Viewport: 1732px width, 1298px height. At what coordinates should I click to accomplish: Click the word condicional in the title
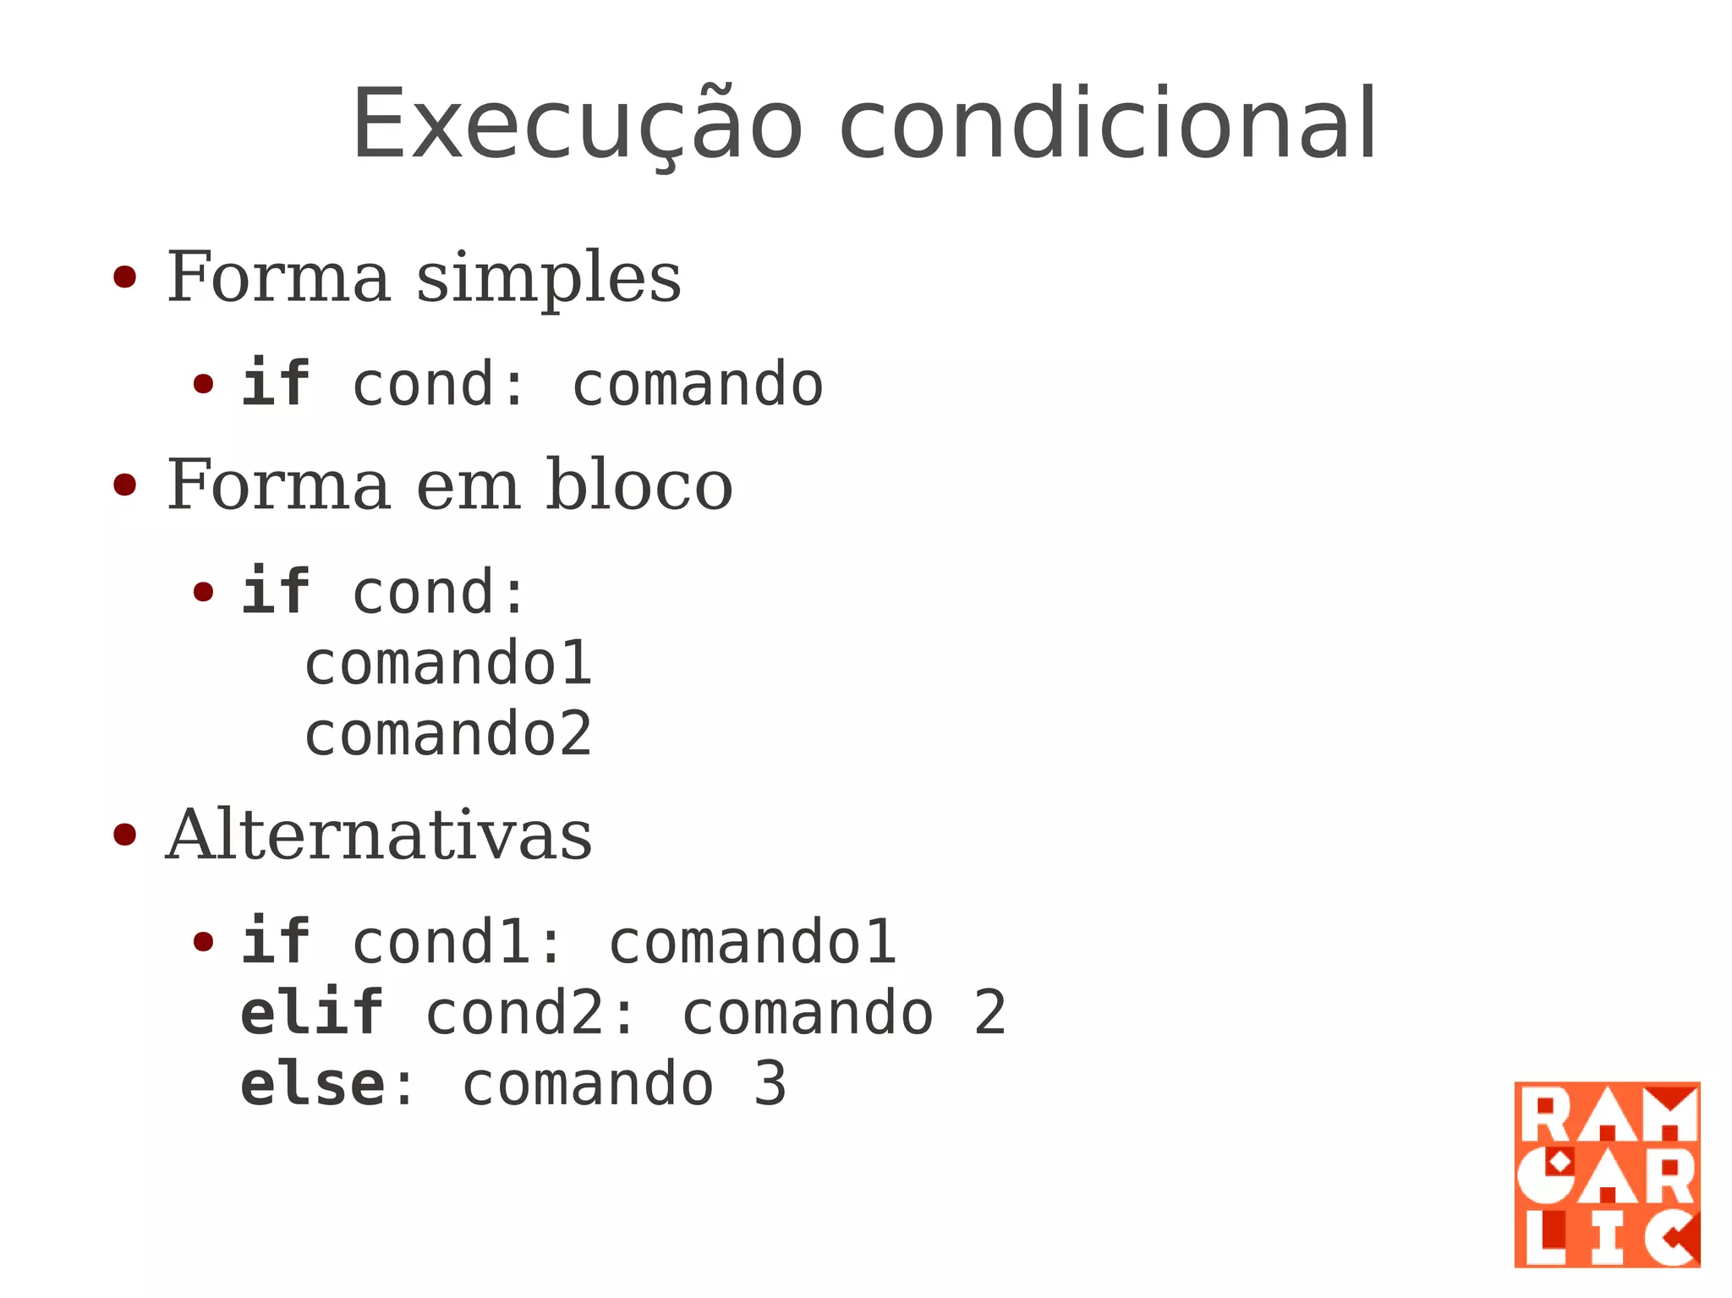1108,125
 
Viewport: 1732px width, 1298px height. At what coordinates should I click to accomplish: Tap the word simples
548,279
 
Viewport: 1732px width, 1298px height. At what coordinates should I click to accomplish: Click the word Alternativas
379,835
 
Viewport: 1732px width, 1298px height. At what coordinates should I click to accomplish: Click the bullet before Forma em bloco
124,485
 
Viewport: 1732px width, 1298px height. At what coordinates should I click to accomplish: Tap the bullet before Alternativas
124,835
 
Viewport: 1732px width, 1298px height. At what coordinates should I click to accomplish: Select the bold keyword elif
312,1013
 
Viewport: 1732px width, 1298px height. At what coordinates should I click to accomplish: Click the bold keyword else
312,1084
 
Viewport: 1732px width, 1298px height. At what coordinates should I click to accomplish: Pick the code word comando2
448,734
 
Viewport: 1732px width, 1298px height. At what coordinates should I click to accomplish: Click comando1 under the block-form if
448,664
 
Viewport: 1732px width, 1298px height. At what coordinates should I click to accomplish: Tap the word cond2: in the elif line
529,1013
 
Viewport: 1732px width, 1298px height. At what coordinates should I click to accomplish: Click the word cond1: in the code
457,942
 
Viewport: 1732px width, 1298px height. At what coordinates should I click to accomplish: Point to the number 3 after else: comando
770,1084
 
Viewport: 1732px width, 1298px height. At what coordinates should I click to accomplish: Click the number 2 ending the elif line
989,1013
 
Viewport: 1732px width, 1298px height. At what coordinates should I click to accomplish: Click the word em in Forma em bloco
468,487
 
